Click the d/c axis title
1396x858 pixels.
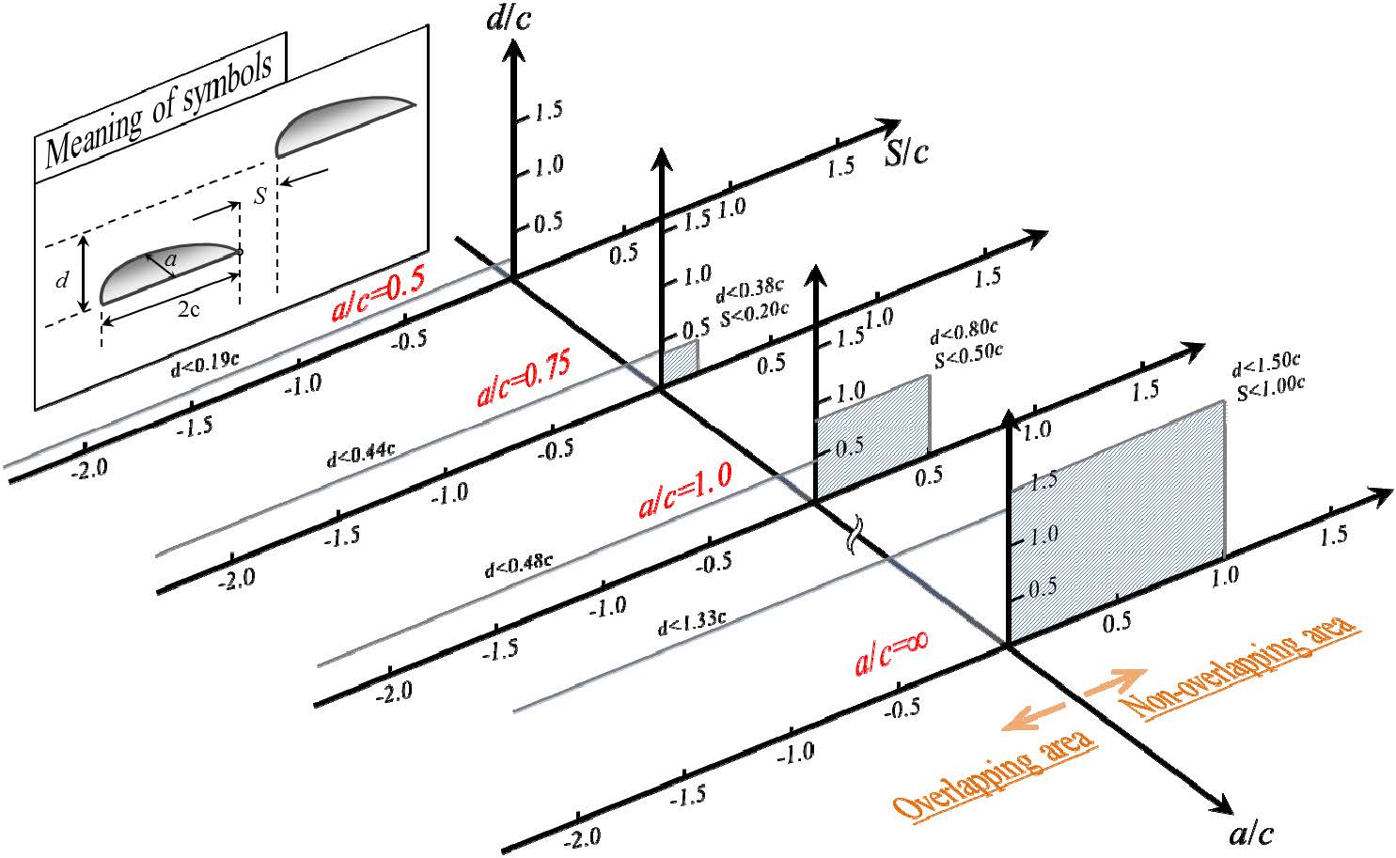(509, 19)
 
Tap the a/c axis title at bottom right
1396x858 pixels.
(1251, 831)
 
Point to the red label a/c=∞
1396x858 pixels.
(891, 650)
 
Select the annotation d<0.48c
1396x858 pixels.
(519, 565)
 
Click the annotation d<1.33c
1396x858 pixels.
(692, 621)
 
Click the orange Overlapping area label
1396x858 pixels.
(995, 771)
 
